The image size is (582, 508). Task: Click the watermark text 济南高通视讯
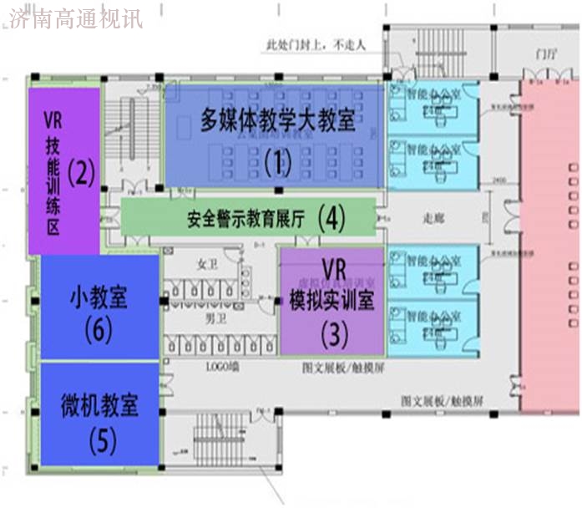[76, 17]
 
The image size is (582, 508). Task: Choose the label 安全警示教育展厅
[245, 220]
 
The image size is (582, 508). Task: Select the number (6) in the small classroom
[99, 330]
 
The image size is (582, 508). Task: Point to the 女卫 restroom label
[206, 264]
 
